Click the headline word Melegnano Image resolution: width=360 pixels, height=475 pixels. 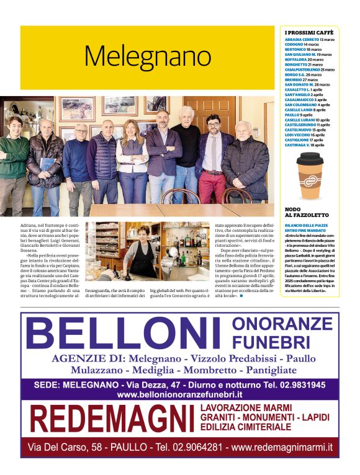pos(148,56)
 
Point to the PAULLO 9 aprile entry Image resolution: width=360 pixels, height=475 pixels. pos(299,115)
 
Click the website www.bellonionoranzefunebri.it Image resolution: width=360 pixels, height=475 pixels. pos(179,394)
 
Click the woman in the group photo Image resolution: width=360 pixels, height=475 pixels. pos(132,159)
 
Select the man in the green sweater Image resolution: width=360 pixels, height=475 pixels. pos(13,155)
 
